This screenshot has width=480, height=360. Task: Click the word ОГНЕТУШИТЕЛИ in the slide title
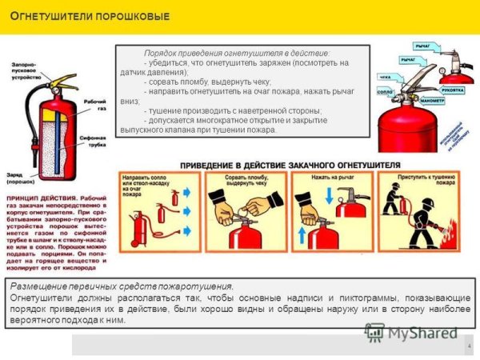(46, 16)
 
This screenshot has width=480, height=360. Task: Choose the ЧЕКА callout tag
(385, 77)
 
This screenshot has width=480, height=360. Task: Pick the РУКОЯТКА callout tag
(456, 90)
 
